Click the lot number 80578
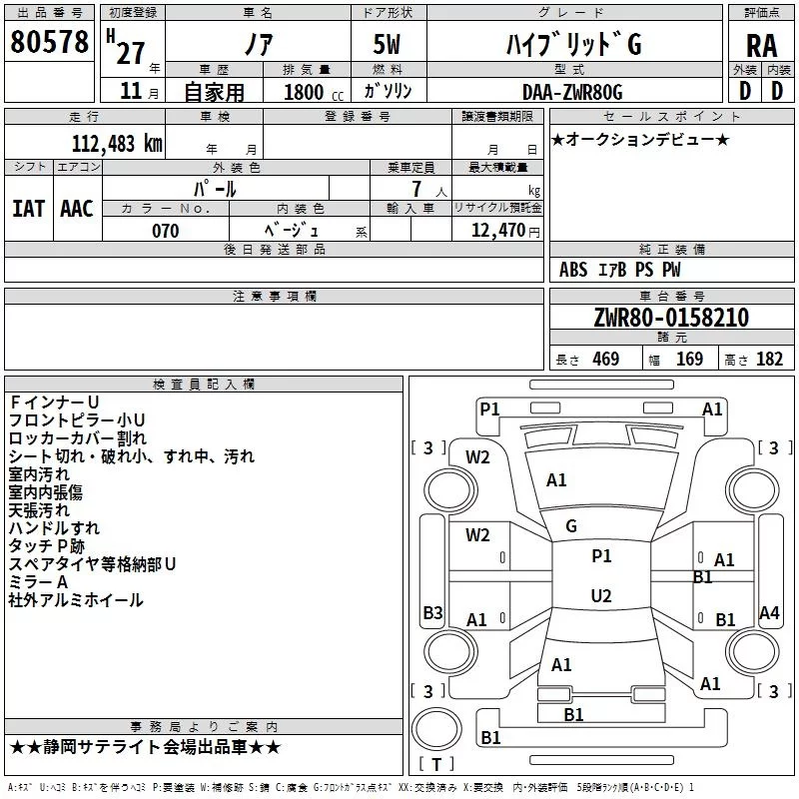(49, 41)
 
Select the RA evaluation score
(761, 46)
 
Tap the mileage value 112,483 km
(117, 144)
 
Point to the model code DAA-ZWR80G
(572, 92)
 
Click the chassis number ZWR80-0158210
(671, 317)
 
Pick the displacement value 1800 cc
(314, 92)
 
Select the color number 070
(166, 231)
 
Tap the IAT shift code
(28, 209)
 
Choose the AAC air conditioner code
(77, 209)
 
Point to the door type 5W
(387, 44)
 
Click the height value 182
(769, 360)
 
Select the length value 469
(606, 360)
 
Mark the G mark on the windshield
(571, 526)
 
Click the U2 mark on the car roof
(601, 595)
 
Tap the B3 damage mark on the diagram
(433, 612)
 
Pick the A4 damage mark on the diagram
(769, 612)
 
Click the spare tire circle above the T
(436, 729)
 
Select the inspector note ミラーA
(38, 582)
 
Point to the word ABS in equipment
(573, 270)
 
